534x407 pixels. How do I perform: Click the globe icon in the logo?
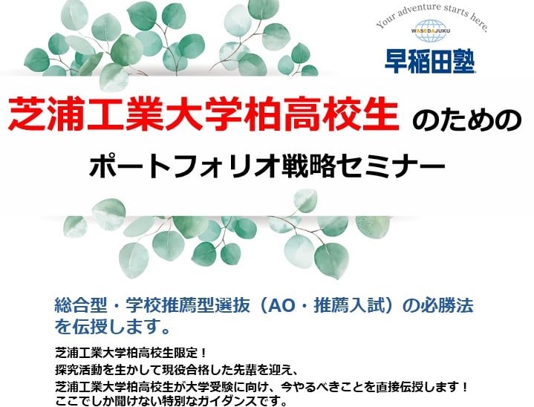tap(431, 31)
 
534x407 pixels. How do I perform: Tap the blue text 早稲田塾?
tap(430, 62)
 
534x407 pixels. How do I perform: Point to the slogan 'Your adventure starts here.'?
tap(432, 16)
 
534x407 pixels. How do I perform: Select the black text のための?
tap(467, 120)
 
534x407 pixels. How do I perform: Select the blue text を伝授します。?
tap(112, 326)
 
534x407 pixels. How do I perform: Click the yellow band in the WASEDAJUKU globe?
tap(431, 31)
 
